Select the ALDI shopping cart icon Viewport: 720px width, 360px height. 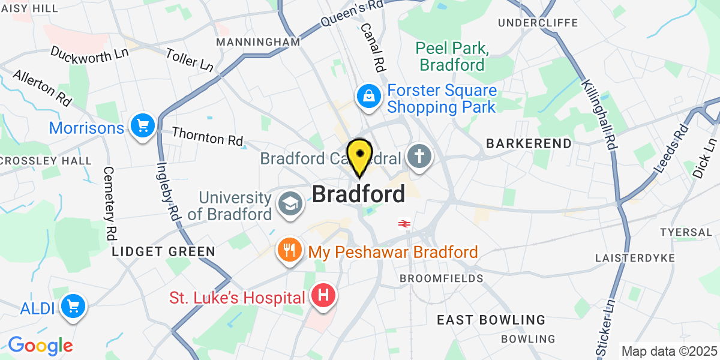(x=73, y=307)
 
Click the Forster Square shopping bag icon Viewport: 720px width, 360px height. (x=368, y=96)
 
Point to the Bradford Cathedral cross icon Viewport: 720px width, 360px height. (x=419, y=158)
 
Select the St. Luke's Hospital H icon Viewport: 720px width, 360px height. (x=323, y=296)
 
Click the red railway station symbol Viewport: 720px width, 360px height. (x=404, y=224)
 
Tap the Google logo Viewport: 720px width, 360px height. (x=40, y=346)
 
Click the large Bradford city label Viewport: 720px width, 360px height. (x=358, y=194)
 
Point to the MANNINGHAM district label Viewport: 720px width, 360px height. (x=258, y=42)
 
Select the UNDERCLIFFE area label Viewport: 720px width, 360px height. (x=538, y=23)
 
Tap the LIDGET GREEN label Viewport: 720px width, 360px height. (x=163, y=251)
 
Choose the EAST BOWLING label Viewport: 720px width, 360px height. (x=491, y=320)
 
